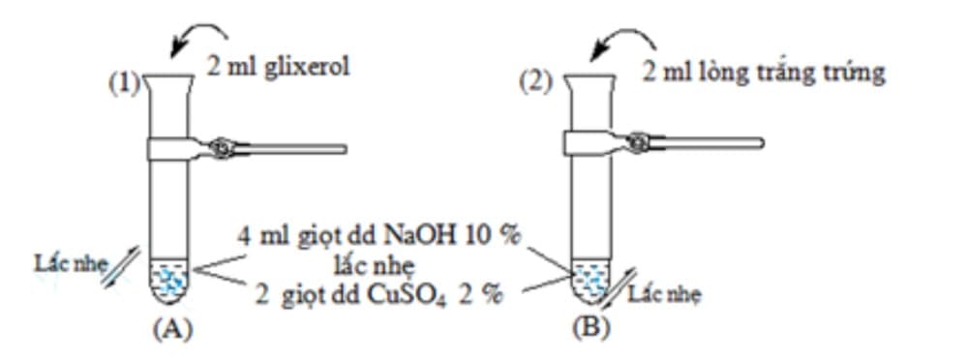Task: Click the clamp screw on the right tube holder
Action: click(639, 143)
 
